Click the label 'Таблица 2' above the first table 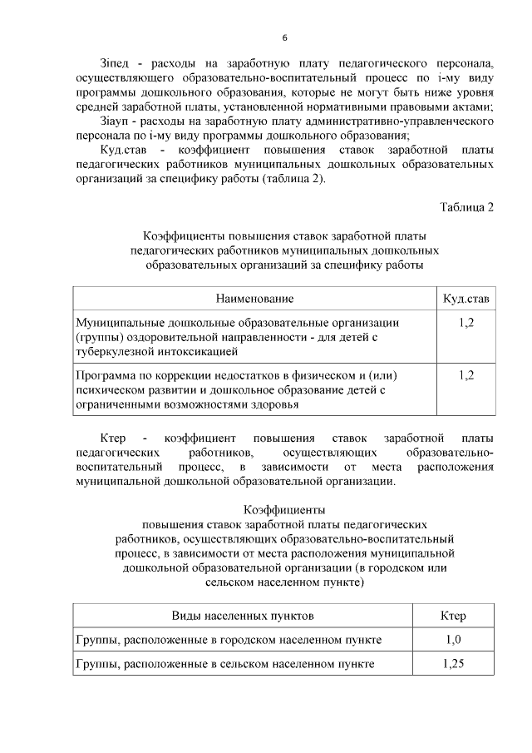[466, 208]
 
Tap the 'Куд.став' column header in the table [466, 298]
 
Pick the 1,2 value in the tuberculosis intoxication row [466, 322]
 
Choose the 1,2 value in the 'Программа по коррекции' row [466, 375]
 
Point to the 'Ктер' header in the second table [452, 616]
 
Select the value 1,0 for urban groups [452, 640]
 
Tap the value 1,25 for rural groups [452, 664]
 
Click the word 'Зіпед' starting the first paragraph [114, 63]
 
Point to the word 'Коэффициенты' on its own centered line [284, 509]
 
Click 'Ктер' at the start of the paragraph [112, 438]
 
